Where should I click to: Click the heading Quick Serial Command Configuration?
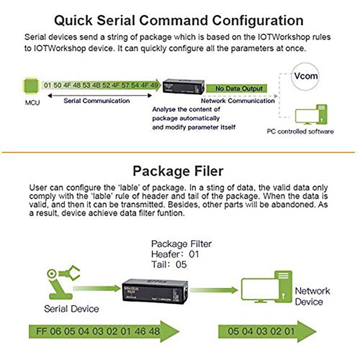[x=178, y=20]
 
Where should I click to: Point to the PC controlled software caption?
[x=300, y=131]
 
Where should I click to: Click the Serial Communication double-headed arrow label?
[x=96, y=101]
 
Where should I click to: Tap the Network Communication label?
[x=238, y=101]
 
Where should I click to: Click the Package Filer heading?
[x=178, y=171]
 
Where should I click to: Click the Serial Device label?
[x=72, y=309]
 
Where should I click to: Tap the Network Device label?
[x=312, y=296]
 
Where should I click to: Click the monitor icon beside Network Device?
[x=265, y=288]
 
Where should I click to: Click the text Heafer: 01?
[x=175, y=254]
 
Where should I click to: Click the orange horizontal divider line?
[x=180, y=152]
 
